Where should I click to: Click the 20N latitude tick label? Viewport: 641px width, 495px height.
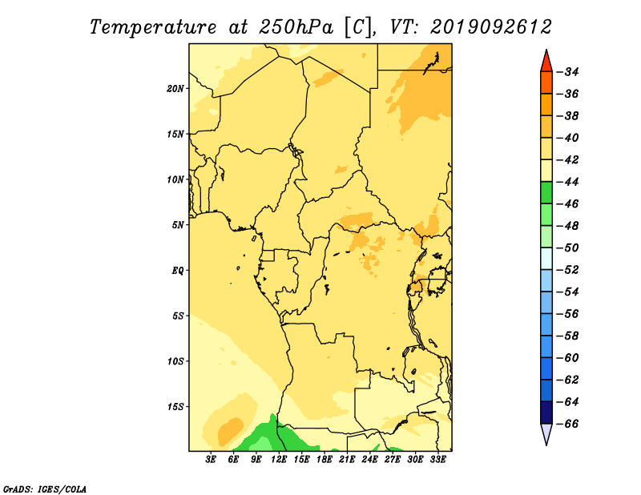tap(175, 89)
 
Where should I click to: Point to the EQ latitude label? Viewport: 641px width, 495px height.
tap(178, 271)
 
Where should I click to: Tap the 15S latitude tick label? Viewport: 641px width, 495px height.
tap(175, 407)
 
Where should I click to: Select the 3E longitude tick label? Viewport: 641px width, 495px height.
tap(211, 460)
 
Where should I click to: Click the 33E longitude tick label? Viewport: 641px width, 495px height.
tap(437, 460)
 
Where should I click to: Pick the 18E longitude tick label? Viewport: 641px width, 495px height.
tap(325, 460)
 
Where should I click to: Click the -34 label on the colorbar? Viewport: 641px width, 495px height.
tap(568, 72)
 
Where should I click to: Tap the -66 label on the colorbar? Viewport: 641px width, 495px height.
tap(568, 424)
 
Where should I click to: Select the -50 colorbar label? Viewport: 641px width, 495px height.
tap(568, 247)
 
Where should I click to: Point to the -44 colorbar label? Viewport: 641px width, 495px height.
tap(568, 182)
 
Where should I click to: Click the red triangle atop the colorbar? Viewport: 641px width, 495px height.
tap(546, 62)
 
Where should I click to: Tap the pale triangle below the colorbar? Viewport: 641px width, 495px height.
tap(546, 434)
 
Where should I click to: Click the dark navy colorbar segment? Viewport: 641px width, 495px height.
tap(546, 412)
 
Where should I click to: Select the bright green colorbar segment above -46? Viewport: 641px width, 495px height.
tap(546, 193)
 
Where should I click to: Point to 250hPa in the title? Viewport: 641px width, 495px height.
tap(296, 27)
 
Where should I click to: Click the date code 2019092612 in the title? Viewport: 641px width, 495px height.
tap(491, 27)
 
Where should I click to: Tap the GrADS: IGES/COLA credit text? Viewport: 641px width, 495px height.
tap(45, 489)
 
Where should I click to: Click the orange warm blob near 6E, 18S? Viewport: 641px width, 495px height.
tap(230, 431)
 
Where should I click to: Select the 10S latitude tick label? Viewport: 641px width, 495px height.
tap(175, 361)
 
